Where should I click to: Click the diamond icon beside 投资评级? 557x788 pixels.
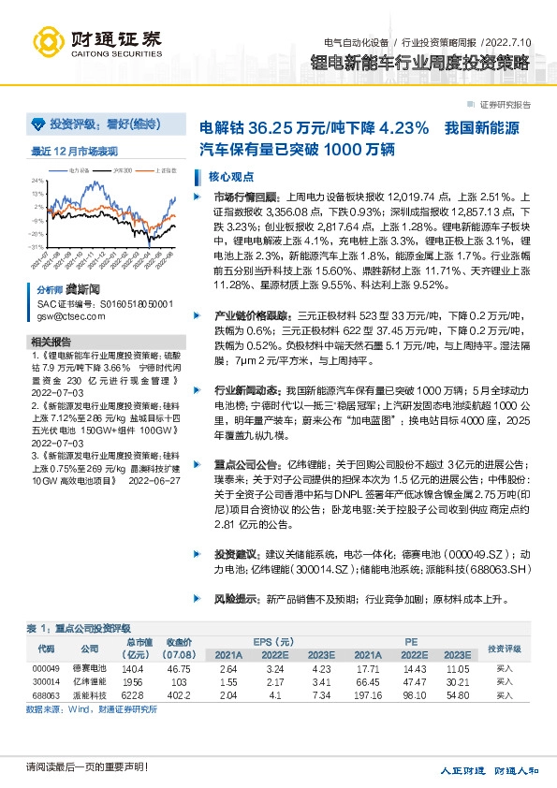coord(37,124)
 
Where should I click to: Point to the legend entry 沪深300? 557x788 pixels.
coord(123,170)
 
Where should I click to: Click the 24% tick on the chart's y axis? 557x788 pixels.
coord(37,181)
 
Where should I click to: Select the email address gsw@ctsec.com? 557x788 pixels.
coord(66,317)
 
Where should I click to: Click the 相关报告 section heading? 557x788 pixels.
coord(51,342)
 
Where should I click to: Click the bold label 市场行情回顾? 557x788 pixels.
coord(246,197)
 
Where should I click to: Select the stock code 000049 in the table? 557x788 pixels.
coord(46,669)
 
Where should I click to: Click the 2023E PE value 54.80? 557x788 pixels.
coord(458,696)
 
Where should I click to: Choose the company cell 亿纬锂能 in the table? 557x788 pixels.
coord(90,683)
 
